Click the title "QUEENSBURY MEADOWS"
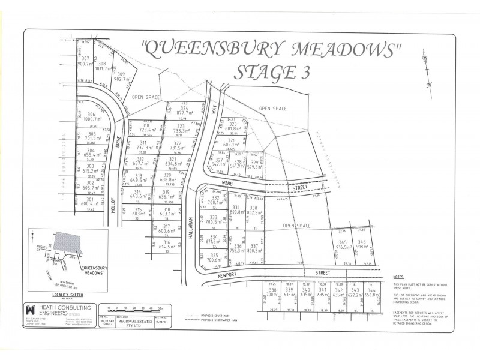point(269,49)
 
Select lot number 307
point(85,59)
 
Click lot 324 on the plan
point(184,107)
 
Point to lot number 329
point(255,162)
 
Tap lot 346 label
point(362,241)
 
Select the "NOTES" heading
point(398,277)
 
